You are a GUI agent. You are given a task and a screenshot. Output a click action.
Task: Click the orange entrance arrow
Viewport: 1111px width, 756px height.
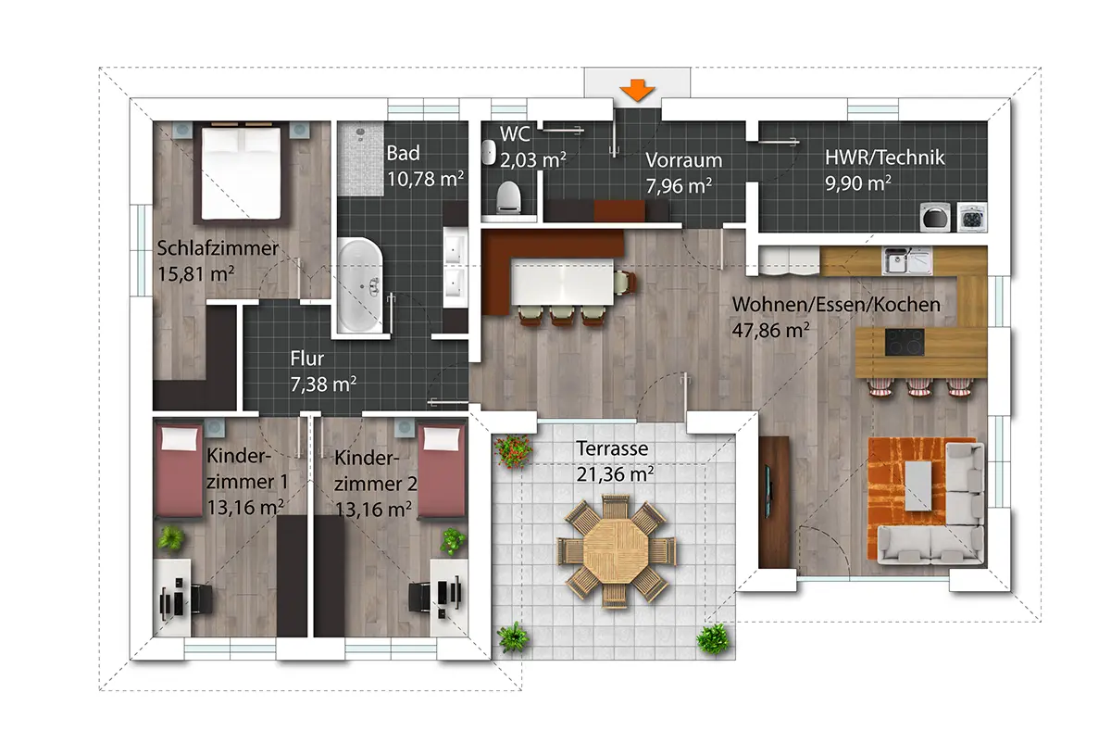click(637, 91)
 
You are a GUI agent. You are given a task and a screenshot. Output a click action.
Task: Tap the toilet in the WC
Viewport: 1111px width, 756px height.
click(509, 197)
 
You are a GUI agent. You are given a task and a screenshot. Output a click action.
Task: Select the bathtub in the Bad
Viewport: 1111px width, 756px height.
click(360, 285)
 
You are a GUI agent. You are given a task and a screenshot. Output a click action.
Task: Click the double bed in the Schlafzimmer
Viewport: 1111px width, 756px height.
click(241, 173)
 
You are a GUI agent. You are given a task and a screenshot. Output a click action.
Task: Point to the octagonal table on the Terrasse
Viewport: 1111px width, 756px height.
click(616, 551)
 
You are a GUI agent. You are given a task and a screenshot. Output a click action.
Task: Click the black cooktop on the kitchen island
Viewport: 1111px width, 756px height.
click(905, 342)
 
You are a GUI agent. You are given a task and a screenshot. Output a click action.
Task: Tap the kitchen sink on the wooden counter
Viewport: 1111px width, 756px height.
click(907, 260)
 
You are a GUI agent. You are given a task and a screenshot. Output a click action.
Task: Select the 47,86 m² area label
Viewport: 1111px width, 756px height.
click(770, 330)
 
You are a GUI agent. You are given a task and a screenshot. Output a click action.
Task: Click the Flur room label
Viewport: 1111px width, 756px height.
click(307, 359)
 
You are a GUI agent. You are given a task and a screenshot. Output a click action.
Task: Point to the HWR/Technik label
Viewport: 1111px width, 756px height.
click(884, 157)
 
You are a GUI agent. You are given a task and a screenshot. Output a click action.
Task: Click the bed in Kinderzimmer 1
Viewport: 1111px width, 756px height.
click(179, 470)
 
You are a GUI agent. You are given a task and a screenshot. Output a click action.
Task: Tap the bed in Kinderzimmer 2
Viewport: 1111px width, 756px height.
click(442, 470)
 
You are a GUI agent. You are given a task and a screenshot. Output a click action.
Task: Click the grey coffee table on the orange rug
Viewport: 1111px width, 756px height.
click(918, 486)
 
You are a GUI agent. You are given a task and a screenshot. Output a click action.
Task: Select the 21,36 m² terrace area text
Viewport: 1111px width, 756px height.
click(615, 474)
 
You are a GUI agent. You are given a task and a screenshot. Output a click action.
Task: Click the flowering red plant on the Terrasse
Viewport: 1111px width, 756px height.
click(513, 451)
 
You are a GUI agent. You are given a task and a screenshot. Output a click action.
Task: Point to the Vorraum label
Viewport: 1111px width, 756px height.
click(683, 160)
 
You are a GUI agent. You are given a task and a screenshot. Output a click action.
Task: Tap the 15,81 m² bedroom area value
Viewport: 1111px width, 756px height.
click(196, 274)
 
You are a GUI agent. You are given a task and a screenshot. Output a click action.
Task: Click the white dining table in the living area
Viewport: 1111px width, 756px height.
click(562, 281)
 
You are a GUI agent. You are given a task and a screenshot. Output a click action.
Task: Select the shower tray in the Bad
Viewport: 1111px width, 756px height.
click(360, 158)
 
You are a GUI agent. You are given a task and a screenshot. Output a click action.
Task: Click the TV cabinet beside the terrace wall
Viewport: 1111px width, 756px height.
click(774, 502)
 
